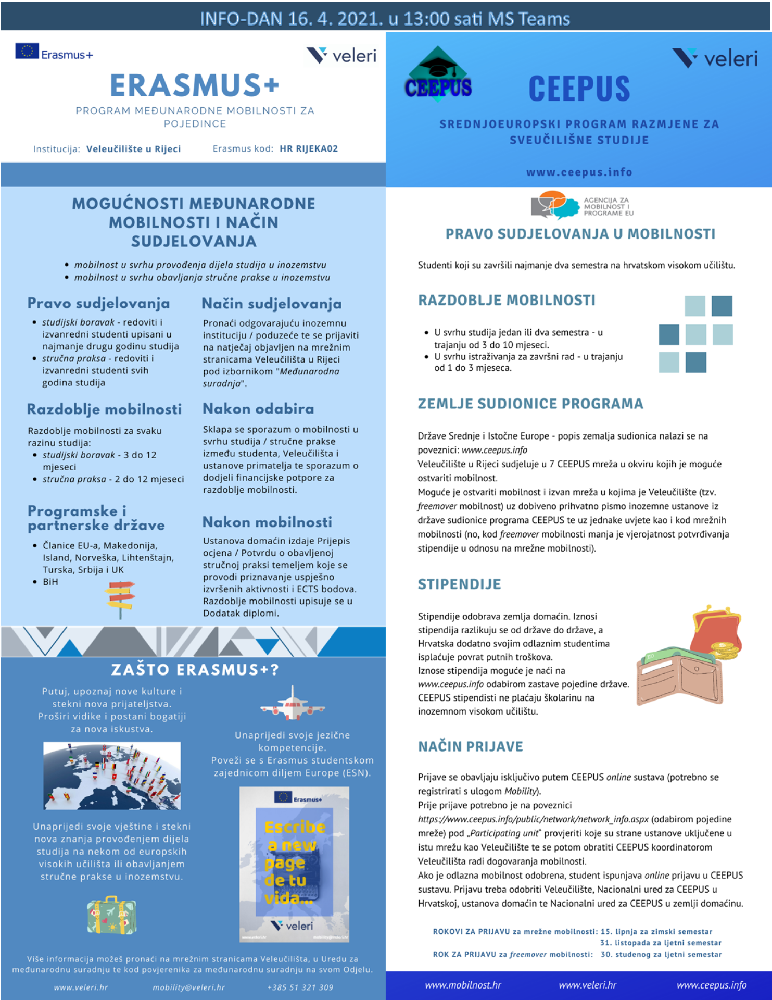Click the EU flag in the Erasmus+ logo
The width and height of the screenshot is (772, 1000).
[x=27, y=51]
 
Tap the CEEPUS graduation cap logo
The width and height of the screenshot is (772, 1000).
[x=438, y=73]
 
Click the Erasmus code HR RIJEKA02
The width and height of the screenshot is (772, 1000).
[x=309, y=149]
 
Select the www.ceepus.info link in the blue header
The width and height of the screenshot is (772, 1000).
[x=579, y=172]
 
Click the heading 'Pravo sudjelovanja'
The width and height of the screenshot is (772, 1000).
[x=98, y=303]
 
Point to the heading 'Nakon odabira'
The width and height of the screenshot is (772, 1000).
[x=258, y=409]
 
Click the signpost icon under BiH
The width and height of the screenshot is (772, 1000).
[x=120, y=599]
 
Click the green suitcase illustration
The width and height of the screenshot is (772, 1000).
[x=111, y=915]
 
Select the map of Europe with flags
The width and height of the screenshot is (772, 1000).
[x=112, y=776]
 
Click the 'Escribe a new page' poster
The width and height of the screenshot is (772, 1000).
[x=294, y=865]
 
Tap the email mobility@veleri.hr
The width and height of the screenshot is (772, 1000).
[x=188, y=988]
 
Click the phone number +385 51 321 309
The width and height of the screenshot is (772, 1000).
[x=300, y=988]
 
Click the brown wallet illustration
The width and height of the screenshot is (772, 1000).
[x=679, y=680]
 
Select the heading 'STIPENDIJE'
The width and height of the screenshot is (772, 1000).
[x=459, y=584]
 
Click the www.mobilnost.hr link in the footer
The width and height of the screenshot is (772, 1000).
[x=463, y=985]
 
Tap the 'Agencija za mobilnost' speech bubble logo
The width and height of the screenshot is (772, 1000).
[x=555, y=205]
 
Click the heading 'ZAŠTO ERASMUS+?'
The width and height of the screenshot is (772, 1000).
[x=195, y=670]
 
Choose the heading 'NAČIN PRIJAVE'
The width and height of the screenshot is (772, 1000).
[x=470, y=746]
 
